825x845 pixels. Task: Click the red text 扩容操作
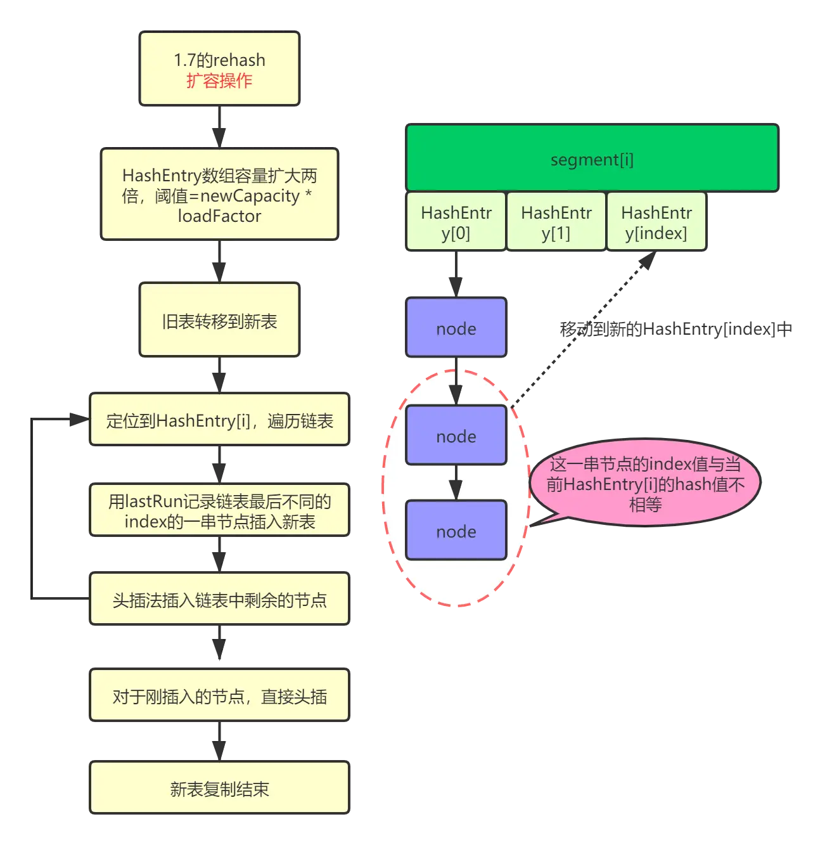[219, 81]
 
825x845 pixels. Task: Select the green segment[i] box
[592, 158]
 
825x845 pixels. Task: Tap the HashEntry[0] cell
[456, 222]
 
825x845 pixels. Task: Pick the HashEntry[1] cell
[556, 222]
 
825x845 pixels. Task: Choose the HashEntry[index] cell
[656, 222]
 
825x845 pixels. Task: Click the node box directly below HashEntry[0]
[456, 328]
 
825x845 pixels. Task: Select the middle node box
[456, 435]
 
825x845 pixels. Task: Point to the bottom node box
[456, 531]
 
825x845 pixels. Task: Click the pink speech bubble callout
[645, 484]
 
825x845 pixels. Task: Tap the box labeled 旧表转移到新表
[219, 321]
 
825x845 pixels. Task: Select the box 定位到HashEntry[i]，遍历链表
[219, 420]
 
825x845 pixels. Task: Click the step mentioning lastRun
[219, 511]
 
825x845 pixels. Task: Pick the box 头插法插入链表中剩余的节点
[219, 600]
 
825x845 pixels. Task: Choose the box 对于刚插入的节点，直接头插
[219, 696]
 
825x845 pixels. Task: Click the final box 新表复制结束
[219, 789]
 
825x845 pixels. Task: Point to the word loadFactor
[219, 216]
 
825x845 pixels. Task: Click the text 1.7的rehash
[219, 60]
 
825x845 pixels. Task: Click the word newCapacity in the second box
[250, 196]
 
